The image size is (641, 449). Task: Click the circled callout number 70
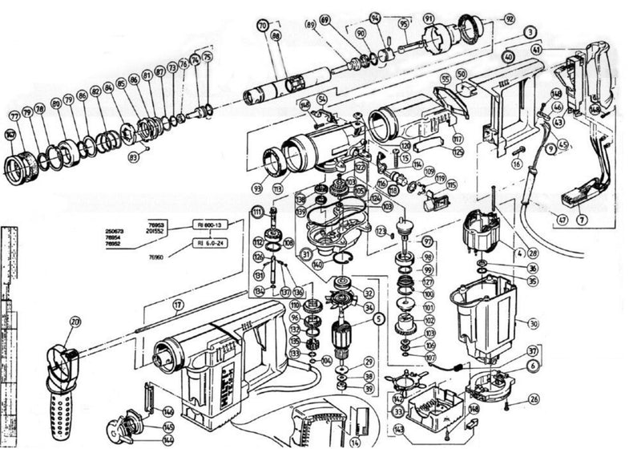263,26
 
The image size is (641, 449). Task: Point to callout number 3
530,32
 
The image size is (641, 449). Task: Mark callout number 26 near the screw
534,398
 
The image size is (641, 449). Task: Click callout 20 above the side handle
76,323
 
